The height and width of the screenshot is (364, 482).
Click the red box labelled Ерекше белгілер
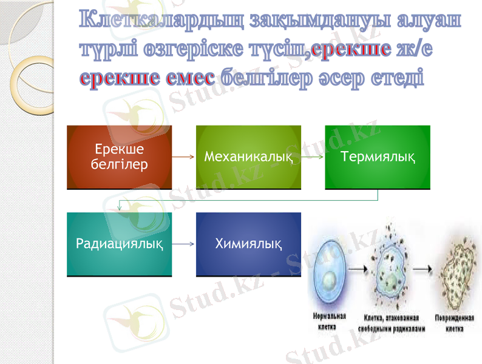(119, 157)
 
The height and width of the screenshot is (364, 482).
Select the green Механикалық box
(248, 157)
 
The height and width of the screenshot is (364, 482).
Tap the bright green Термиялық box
(378, 157)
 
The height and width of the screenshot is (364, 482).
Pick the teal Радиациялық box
(119, 244)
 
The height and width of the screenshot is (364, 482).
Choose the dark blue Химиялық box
(248, 244)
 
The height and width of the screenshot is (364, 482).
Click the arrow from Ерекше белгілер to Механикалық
(184, 157)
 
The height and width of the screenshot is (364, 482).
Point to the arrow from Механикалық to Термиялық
(313, 157)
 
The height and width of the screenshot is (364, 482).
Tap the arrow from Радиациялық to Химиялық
(184, 244)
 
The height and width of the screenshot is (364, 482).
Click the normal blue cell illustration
(330, 278)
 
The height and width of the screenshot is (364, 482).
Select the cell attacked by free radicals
(393, 276)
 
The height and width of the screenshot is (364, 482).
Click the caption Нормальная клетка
(329, 322)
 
